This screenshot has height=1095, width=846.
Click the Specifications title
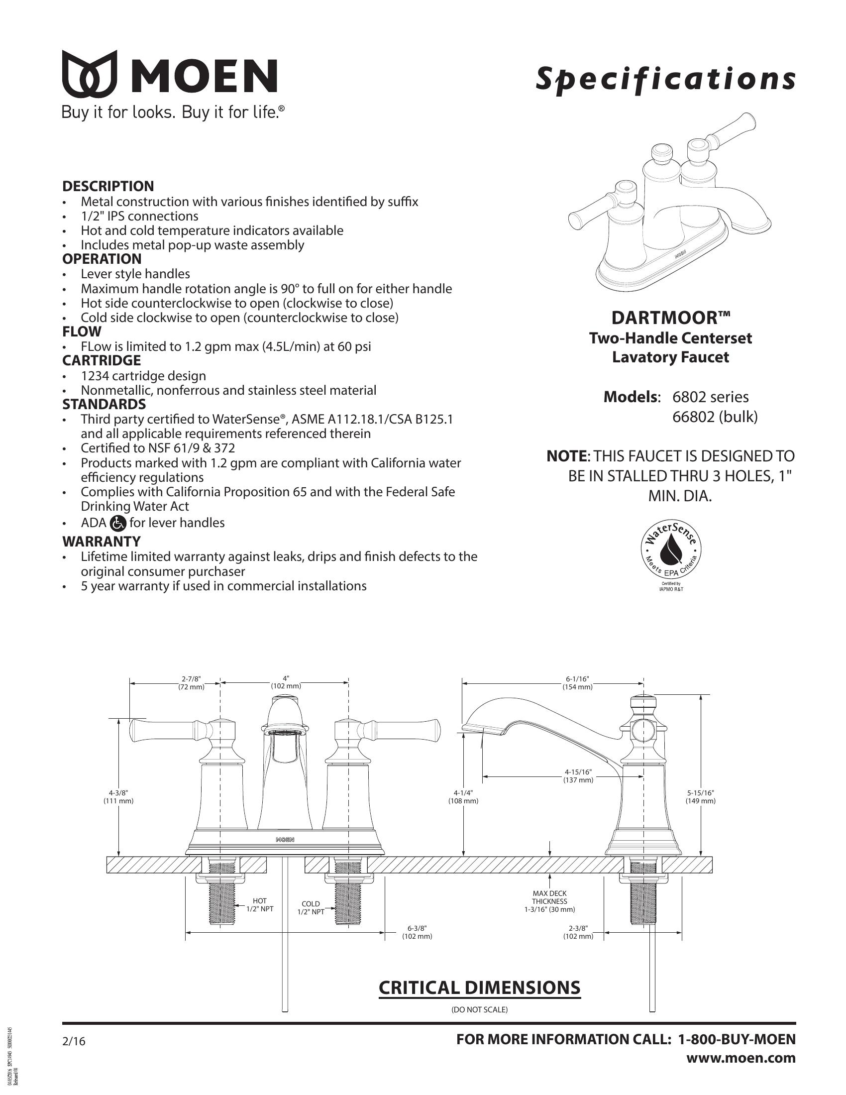(665, 79)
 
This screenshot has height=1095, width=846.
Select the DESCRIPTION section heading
(108, 186)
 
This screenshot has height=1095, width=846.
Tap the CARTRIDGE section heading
(101, 360)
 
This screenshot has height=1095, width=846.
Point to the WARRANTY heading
(101, 542)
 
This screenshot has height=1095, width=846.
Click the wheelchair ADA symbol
(118, 524)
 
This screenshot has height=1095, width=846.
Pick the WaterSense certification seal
(671, 548)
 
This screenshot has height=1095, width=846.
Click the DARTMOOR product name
(671, 318)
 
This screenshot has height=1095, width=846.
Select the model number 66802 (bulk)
(715, 417)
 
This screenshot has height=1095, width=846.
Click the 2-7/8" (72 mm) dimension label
(192, 683)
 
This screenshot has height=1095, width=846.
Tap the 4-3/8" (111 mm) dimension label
(119, 797)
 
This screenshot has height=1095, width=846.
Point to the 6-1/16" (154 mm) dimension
(577, 683)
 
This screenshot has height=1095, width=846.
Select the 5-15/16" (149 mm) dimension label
(700, 797)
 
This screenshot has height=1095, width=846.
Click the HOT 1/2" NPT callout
(260, 905)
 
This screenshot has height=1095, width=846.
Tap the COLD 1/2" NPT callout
(311, 908)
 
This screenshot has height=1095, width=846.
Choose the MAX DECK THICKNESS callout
(550, 901)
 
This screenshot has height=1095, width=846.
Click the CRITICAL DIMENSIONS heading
(479, 987)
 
